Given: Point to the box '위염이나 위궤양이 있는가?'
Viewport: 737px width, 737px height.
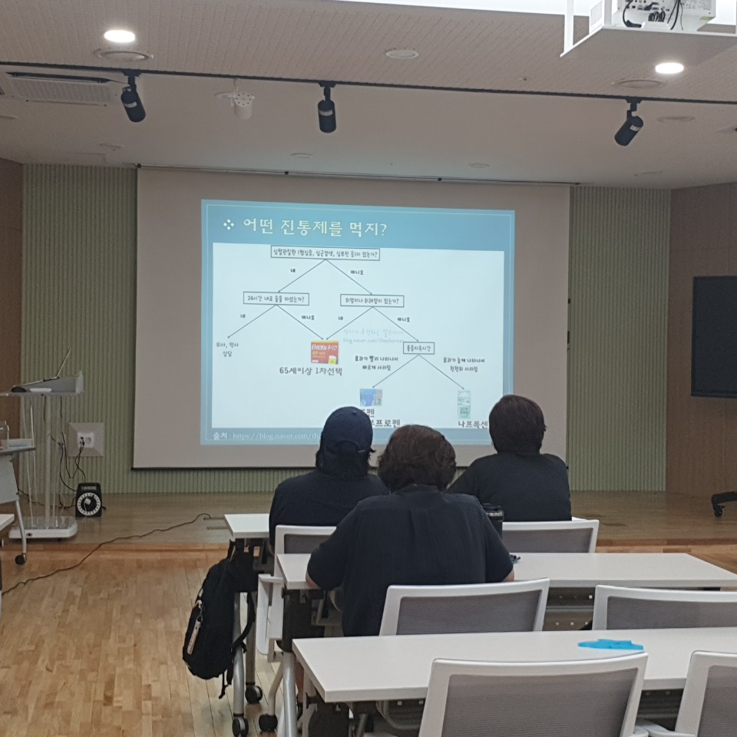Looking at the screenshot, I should coord(372,300).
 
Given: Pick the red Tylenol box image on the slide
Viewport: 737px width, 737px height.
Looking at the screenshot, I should coord(324,352).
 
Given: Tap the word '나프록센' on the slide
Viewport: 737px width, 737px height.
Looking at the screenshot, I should coord(473,424).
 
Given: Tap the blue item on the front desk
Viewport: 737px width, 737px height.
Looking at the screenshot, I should coord(610,645).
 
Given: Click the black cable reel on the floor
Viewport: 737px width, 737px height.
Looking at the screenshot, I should coord(88,500).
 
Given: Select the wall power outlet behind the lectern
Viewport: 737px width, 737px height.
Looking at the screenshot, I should coord(87,440).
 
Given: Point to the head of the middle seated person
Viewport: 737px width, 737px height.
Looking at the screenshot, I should coord(417,458).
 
